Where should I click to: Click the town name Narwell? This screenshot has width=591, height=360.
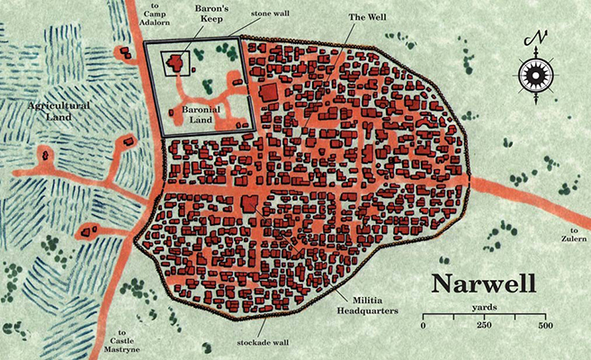pos(484,283)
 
